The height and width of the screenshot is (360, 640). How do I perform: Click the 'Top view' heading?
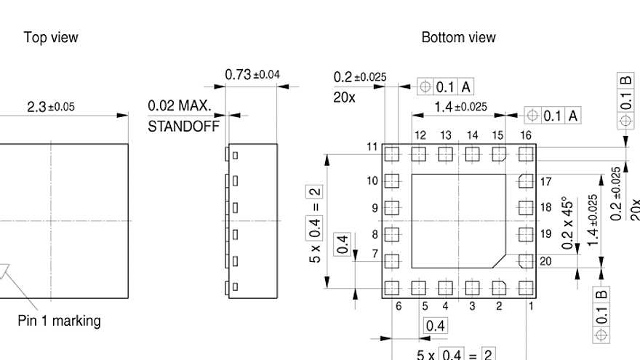pos(51,37)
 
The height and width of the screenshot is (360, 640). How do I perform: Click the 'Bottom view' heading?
pos(458,37)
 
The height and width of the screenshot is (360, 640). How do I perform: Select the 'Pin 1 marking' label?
pos(59,321)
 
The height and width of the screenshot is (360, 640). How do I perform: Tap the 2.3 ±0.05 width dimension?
pos(50,107)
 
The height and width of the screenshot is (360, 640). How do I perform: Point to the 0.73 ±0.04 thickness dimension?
pos(252,75)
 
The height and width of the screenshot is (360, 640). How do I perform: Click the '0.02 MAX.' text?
pos(180,106)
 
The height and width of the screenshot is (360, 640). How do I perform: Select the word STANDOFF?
pos(183,126)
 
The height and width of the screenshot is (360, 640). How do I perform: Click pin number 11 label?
pos(372,147)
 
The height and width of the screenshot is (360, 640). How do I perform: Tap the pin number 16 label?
pos(526,135)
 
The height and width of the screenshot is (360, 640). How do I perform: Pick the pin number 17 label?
pos(546,181)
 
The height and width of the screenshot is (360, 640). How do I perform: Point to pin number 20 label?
pos(546,261)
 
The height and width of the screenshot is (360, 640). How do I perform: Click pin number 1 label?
pos(532,306)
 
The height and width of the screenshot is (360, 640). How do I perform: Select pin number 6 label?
pos(399,306)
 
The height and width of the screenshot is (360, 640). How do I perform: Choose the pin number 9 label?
pos(375,208)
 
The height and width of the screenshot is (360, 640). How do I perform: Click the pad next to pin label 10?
pos(392,180)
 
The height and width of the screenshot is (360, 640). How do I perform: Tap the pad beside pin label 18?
pos(526,207)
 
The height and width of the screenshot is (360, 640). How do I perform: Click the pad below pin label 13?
pos(445,153)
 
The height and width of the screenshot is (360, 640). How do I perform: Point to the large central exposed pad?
pos(458,221)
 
